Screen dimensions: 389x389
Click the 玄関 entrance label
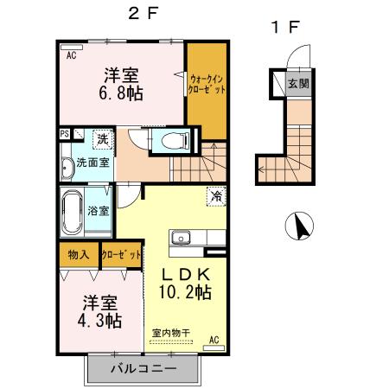(x=297, y=84)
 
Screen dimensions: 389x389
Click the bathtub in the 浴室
(x=72, y=211)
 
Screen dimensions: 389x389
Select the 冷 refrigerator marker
(x=214, y=196)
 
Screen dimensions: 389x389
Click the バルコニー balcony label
(x=143, y=369)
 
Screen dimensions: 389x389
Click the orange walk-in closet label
(x=207, y=83)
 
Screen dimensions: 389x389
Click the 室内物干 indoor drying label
(x=170, y=333)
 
